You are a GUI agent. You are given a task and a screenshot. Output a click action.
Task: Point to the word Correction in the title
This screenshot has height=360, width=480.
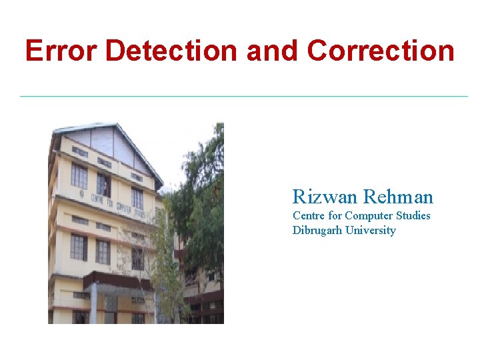pyautogui.click(x=381, y=51)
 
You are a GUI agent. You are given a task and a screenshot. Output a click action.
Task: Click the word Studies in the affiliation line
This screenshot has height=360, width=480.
pyautogui.click(x=413, y=216)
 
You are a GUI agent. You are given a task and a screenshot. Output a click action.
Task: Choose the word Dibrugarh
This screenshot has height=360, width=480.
pyautogui.click(x=317, y=231)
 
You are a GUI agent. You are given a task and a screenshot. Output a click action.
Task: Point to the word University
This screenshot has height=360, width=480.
pyautogui.click(x=371, y=231)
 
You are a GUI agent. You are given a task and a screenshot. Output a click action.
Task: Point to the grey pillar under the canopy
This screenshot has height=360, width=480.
pyautogui.click(x=94, y=303)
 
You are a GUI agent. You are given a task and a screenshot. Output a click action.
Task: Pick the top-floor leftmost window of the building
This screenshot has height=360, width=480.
pyautogui.click(x=79, y=175)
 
